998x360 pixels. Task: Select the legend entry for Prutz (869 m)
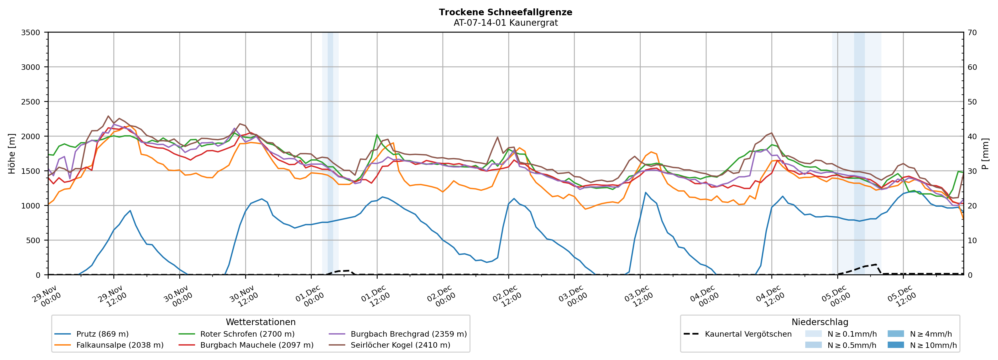[x=102, y=334]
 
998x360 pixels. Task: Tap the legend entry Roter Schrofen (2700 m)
[x=247, y=334]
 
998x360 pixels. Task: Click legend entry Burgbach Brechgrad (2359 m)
[x=408, y=334]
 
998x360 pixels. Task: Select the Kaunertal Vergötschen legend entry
[x=748, y=334]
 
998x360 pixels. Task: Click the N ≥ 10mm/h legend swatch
[x=896, y=345]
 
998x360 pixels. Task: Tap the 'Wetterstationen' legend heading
[x=260, y=322]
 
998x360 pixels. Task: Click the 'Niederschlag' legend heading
[x=819, y=322]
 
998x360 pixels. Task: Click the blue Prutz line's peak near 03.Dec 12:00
[x=645, y=192]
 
